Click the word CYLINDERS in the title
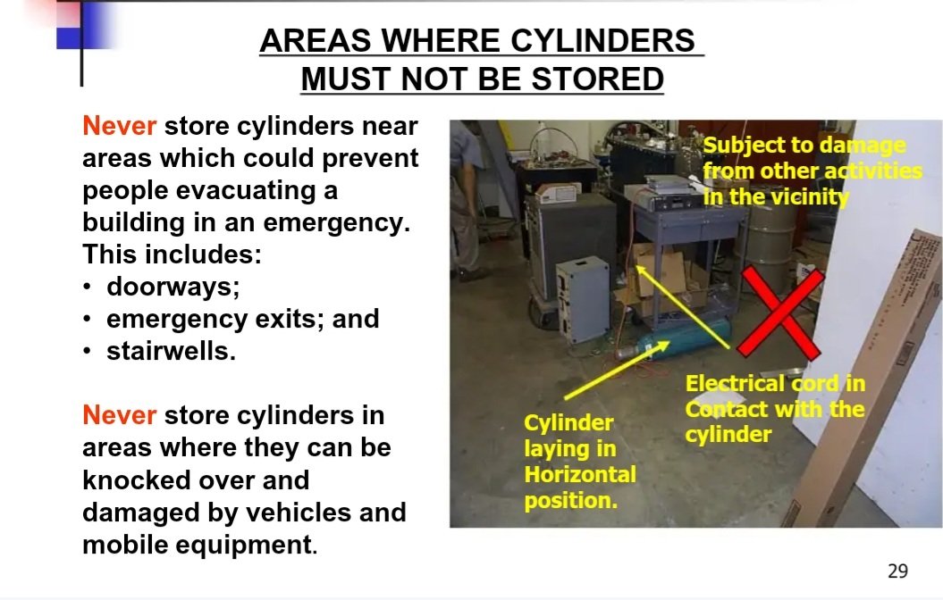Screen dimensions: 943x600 [602, 41]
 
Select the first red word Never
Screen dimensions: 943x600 [119, 126]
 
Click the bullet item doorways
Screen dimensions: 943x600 [173, 287]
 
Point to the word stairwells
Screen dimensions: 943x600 [171, 352]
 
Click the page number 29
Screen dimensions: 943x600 [897, 571]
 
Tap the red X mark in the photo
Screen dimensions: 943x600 [780, 312]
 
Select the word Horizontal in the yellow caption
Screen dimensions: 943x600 [580, 474]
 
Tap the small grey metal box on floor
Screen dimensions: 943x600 [582, 299]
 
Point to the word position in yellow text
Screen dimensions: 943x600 [570, 500]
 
